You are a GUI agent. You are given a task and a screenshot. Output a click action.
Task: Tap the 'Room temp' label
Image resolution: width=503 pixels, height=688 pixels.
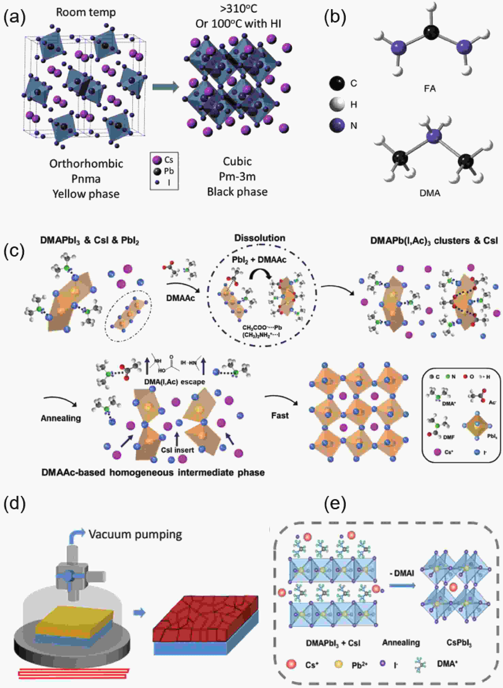pos(86,12)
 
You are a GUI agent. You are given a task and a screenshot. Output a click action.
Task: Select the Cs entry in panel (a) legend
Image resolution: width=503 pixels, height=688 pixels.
pos(158,160)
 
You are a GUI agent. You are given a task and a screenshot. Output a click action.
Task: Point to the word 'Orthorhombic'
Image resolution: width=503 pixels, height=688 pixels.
pos(86,164)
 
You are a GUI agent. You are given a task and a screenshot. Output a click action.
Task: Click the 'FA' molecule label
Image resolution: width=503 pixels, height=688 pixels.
pos(430,89)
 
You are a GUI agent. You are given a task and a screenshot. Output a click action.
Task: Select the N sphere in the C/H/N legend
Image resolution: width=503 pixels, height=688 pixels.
pos(337,125)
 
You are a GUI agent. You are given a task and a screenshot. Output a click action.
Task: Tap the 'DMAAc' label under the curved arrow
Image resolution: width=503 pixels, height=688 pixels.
pos(181,298)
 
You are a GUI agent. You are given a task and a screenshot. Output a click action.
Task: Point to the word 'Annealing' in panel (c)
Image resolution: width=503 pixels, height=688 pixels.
pos(61,418)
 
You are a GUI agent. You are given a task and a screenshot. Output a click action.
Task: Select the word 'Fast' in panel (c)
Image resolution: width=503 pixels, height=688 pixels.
pos(280,415)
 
